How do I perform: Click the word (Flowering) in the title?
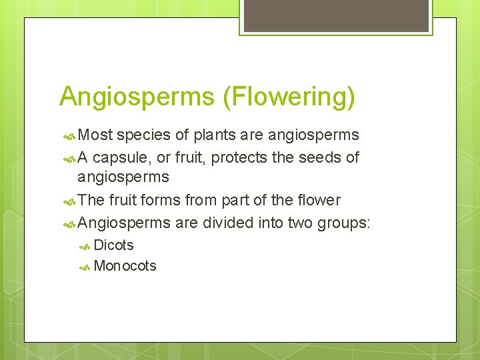point(289,97)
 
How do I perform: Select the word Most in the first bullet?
point(95,135)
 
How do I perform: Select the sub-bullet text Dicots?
point(114,245)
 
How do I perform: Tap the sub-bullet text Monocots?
point(125,266)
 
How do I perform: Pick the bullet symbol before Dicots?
point(85,247)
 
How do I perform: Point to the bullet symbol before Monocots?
point(85,267)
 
